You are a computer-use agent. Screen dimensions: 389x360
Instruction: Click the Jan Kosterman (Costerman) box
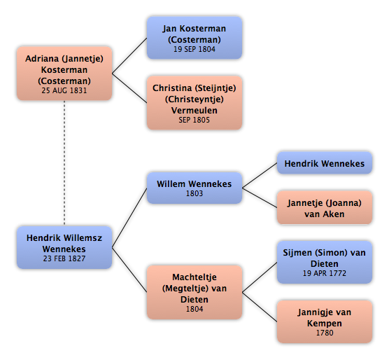point(194,38)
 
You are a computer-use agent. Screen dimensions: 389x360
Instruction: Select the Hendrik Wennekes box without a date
point(325,163)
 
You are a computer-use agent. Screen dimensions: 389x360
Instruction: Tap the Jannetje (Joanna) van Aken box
point(325,207)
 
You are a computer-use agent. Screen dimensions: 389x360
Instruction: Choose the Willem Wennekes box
point(194,188)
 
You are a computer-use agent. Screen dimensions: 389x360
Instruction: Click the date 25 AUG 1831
point(64,90)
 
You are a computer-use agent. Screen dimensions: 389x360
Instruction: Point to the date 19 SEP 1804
point(194,49)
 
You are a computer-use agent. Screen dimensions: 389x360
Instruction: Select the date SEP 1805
point(194,120)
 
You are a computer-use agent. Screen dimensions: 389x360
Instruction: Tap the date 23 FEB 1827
point(64,258)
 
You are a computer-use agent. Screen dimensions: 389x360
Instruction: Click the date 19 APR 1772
point(325,273)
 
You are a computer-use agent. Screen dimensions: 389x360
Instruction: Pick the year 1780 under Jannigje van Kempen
point(325,333)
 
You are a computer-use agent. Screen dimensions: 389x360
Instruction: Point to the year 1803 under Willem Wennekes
point(194,193)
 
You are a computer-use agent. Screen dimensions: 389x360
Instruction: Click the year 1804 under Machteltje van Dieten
point(194,309)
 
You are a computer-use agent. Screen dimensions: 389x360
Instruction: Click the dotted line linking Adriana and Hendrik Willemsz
point(64,163)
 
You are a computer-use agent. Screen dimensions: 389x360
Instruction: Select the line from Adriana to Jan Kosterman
point(129,55)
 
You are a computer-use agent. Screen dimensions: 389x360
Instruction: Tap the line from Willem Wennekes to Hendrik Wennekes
point(260,175)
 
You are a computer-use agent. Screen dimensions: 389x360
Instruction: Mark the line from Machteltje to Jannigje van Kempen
point(260,307)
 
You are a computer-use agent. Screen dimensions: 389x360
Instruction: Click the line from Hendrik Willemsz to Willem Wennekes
point(129,218)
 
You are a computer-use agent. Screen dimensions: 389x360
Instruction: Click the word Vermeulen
point(194,110)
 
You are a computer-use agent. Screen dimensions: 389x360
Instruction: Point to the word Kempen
point(325,324)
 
